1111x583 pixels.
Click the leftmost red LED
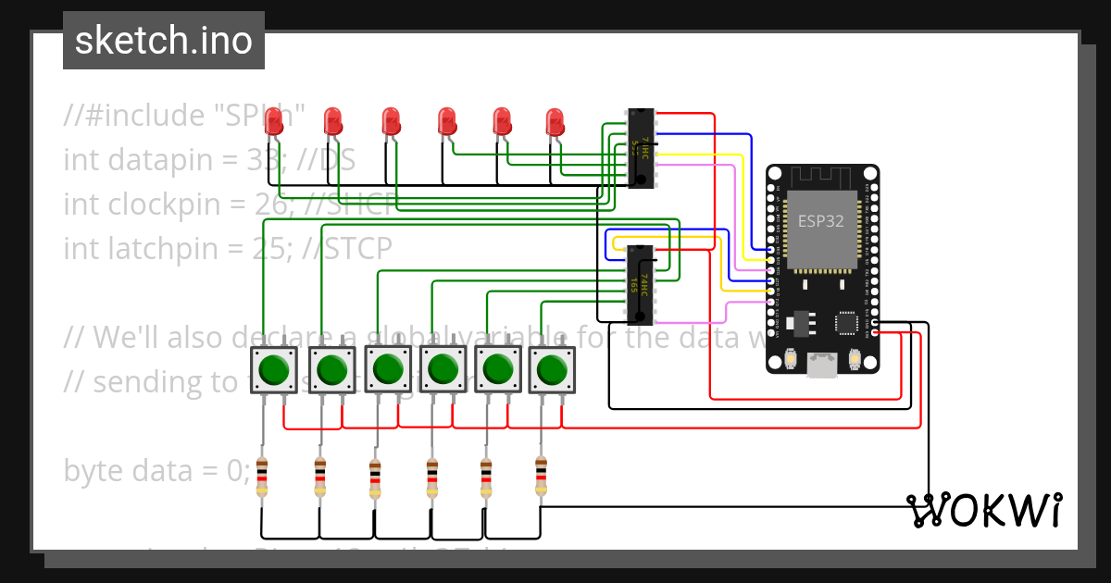pyautogui.click(x=273, y=122)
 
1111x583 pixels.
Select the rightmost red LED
pyautogui.click(x=555, y=122)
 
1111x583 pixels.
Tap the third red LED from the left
pyautogui.click(x=391, y=122)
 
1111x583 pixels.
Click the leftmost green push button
pyautogui.click(x=274, y=370)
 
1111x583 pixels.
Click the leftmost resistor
pyautogui.click(x=263, y=478)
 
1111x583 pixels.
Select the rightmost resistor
pyautogui.click(x=541, y=476)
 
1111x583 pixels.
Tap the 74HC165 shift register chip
pyautogui.click(x=641, y=284)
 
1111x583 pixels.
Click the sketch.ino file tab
pyautogui.click(x=164, y=41)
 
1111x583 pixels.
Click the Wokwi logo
pyautogui.click(x=984, y=510)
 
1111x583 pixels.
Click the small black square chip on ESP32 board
pyautogui.click(x=846, y=322)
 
